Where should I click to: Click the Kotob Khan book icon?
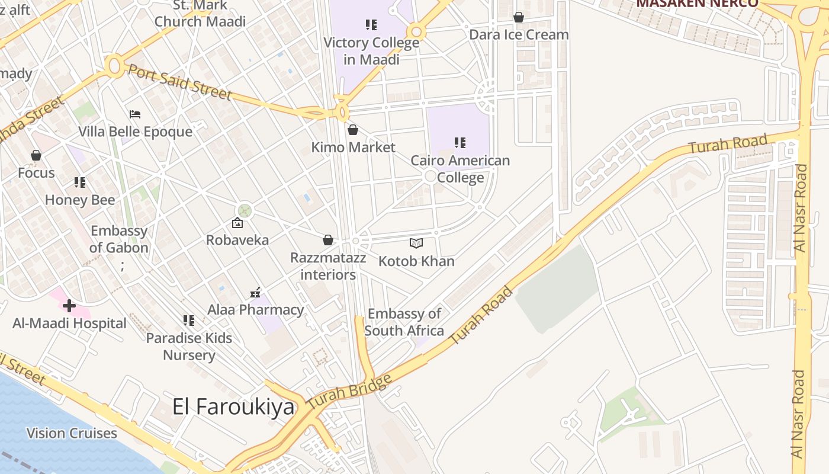pyautogui.click(x=416, y=243)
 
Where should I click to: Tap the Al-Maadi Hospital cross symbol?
pyautogui.click(x=69, y=306)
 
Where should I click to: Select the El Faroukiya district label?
pyautogui.click(x=233, y=406)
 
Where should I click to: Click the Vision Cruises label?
pyautogui.click(x=72, y=433)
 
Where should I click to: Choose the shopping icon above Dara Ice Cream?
pyautogui.click(x=519, y=17)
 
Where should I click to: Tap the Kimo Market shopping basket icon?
pyautogui.click(x=353, y=130)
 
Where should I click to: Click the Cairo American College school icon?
pyautogui.click(x=460, y=143)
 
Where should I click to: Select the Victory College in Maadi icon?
pyautogui.click(x=371, y=25)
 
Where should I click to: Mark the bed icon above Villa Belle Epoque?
pyautogui.click(x=135, y=114)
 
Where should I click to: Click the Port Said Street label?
pyautogui.click(x=180, y=82)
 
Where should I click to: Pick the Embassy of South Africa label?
pyautogui.click(x=404, y=322)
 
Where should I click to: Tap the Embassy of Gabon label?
pyautogui.click(x=119, y=239)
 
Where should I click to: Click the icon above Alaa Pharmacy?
pyautogui.click(x=255, y=292)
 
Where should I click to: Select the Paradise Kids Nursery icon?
pyautogui.click(x=189, y=321)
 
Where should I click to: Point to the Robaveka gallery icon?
pyautogui.click(x=237, y=223)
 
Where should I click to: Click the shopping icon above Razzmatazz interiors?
pyautogui.click(x=328, y=240)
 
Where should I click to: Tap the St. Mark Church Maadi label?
pyautogui.click(x=200, y=14)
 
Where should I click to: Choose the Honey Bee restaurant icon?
pyautogui.click(x=80, y=182)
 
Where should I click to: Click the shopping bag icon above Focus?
pyautogui.click(x=36, y=155)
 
